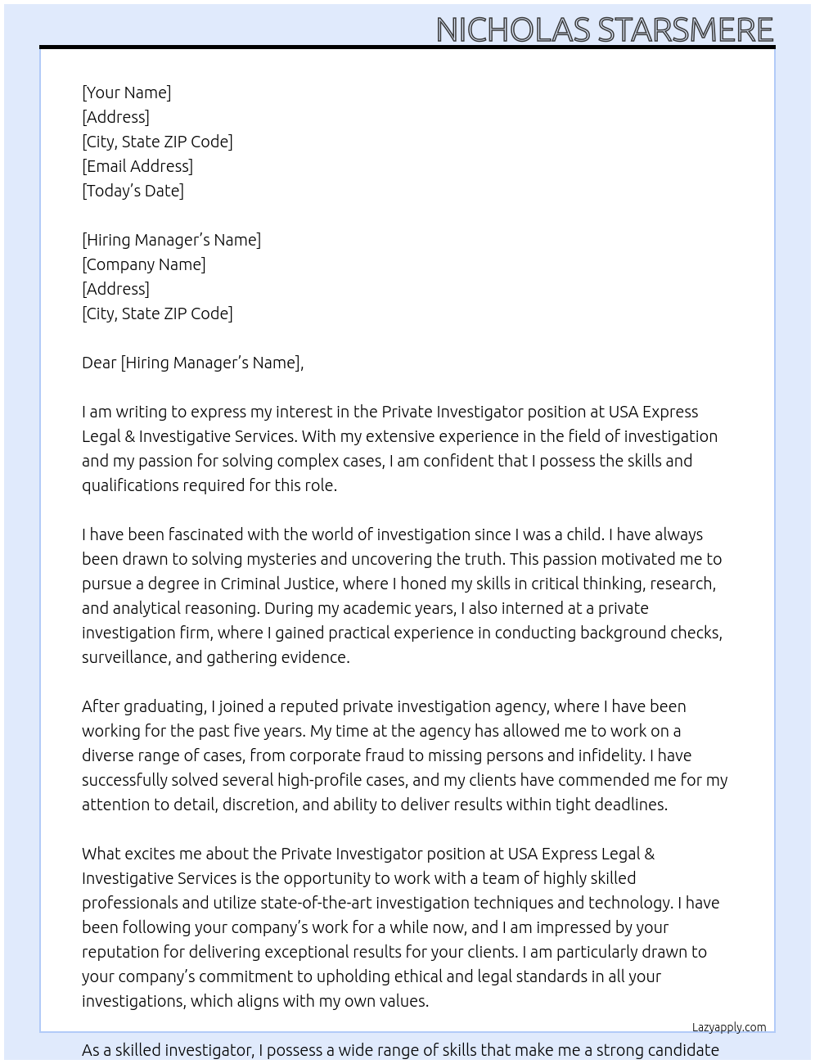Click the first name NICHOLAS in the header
click(x=513, y=29)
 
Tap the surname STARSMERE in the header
click(x=686, y=29)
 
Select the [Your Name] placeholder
click(x=126, y=92)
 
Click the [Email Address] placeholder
click(x=137, y=166)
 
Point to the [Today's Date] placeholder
click(x=133, y=191)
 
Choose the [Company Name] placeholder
click(x=143, y=264)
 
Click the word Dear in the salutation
click(x=99, y=363)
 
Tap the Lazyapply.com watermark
click(x=728, y=1027)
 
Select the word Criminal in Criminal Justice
click(x=249, y=584)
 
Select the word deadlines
click(x=628, y=805)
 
